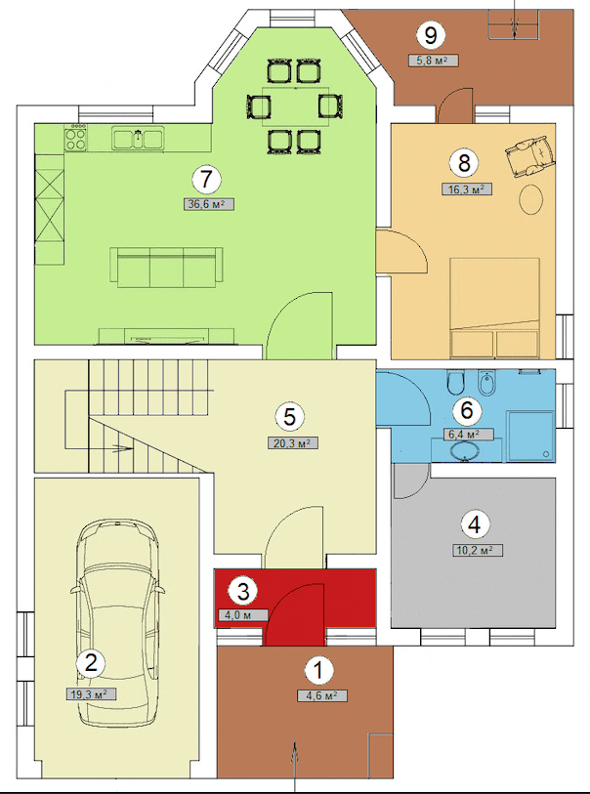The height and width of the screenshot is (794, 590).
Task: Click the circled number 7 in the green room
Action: pyautogui.click(x=206, y=180)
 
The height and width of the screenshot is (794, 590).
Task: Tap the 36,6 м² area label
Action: pyautogui.click(x=209, y=204)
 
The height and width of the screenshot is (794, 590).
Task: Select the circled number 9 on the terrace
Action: pyautogui.click(x=431, y=35)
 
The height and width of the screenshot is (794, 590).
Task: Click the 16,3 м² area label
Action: pyautogui.click(x=467, y=189)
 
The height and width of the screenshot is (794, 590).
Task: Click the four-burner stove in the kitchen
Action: pyautogui.click(x=75, y=139)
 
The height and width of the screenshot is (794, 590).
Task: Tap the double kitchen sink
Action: pyautogui.click(x=139, y=139)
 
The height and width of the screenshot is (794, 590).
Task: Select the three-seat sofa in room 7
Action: pyautogui.click(x=167, y=268)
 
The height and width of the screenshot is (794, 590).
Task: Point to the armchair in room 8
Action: pyautogui.click(x=529, y=156)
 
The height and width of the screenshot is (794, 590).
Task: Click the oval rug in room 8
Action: pyautogui.click(x=531, y=199)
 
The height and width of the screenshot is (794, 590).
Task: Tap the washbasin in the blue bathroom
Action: pyautogui.click(x=465, y=450)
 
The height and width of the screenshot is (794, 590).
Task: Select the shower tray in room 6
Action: pyautogui.click(x=530, y=436)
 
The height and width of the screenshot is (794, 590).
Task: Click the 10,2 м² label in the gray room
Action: pyautogui.click(x=478, y=551)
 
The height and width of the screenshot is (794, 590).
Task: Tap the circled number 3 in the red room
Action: pyautogui.click(x=243, y=591)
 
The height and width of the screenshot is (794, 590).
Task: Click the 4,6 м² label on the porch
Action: pyautogui.click(x=322, y=695)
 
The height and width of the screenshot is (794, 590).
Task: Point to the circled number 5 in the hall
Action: pyautogui.click(x=289, y=417)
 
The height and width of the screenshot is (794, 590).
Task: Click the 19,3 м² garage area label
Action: pyautogui.click(x=91, y=693)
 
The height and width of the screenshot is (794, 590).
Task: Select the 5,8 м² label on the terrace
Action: pyautogui.click(x=434, y=61)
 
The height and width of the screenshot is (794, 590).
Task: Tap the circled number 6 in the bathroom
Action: pyautogui.click(x=466, y=409)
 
